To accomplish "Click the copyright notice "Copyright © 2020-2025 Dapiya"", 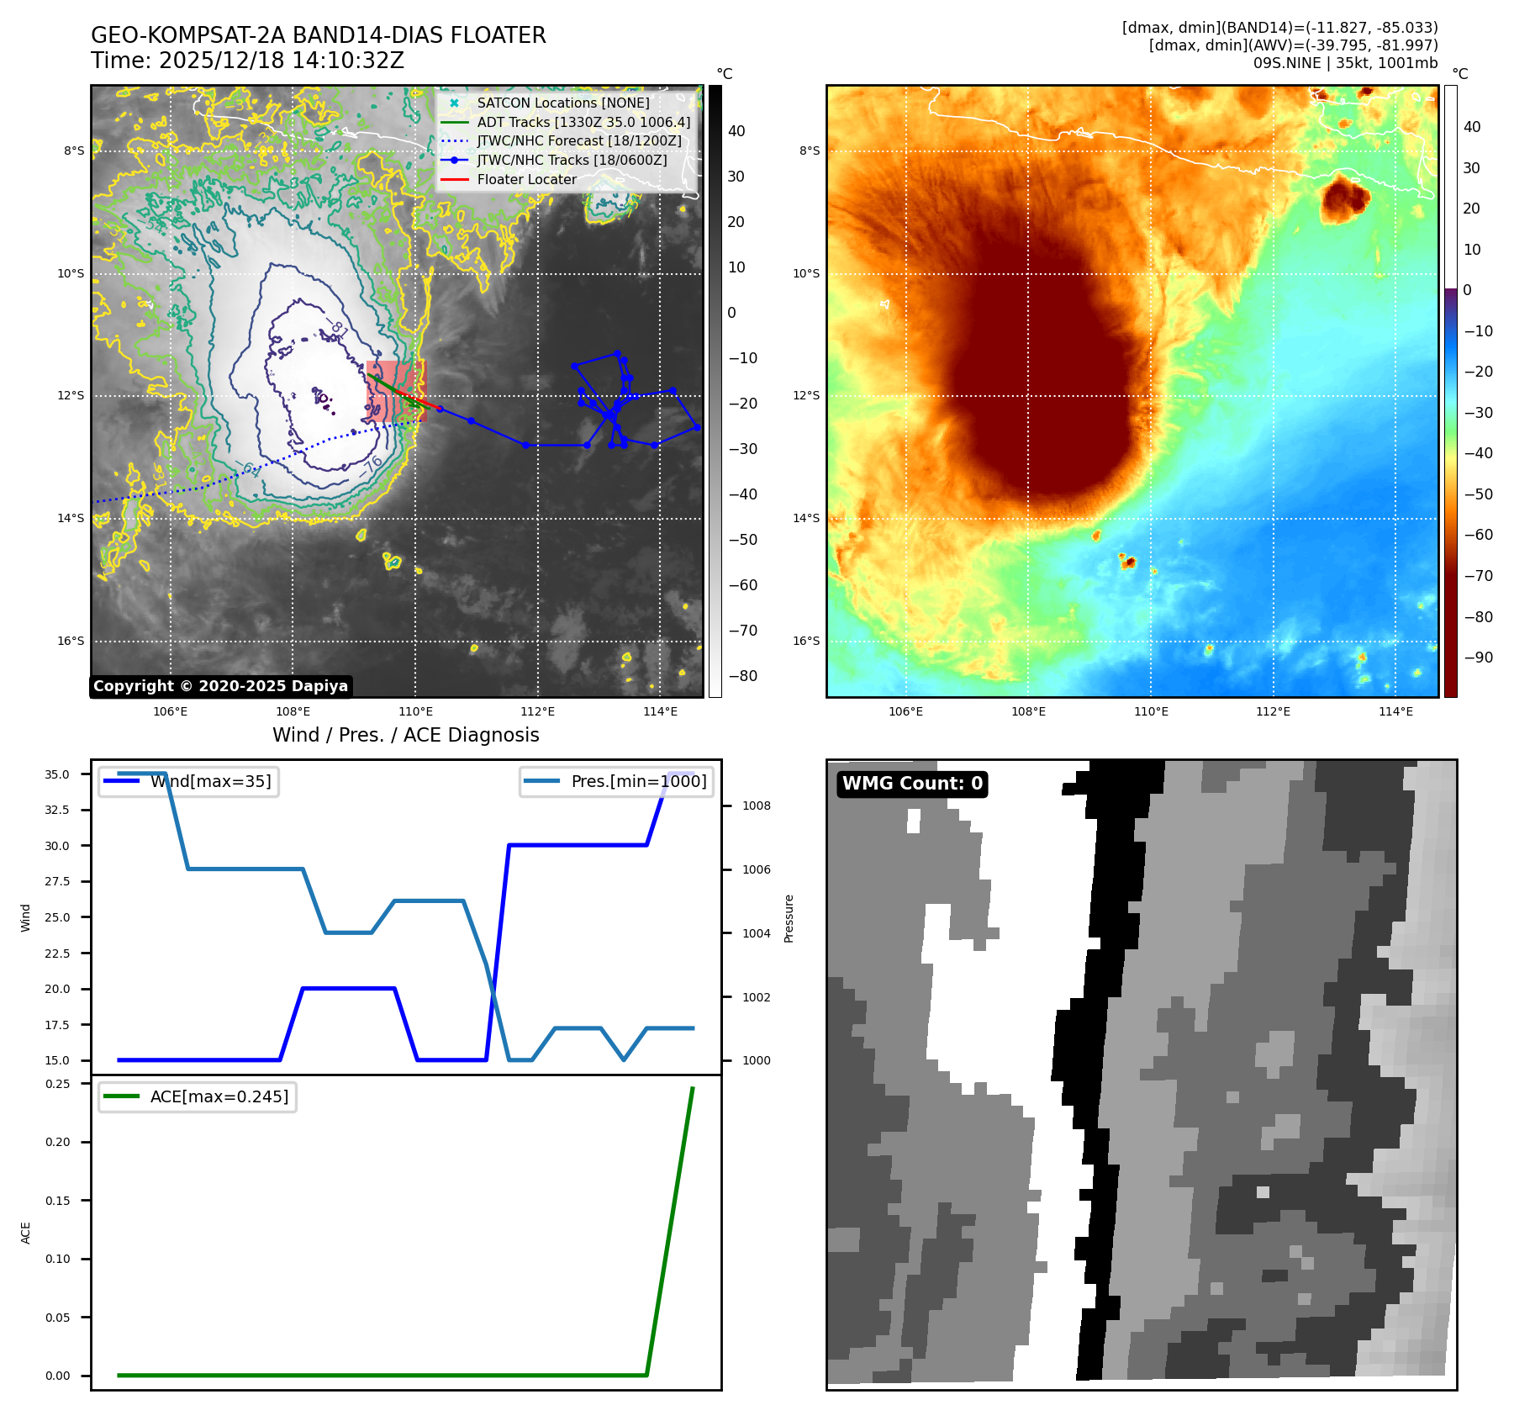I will (220, 686).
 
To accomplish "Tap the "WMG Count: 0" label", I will (912, 784).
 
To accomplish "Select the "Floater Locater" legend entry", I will (526, 180).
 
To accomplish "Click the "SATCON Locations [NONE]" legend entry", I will (562, 103).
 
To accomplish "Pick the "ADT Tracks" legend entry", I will (583, 122).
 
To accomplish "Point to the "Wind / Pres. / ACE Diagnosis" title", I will (405, 735).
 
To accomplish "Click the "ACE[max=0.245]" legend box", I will (219, 1096).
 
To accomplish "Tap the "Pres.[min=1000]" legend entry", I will (638, 781).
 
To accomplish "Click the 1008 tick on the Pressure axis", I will (756, 806).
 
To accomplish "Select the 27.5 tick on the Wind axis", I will (57, 881).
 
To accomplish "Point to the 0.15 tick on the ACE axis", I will (57, 1201).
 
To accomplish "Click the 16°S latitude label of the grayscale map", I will (71, 641).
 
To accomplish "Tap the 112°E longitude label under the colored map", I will (1273, 711).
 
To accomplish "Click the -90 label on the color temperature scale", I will (1478, 658).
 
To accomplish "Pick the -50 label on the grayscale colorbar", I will (741, 540).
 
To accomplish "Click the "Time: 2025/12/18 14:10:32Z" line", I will (247, 61).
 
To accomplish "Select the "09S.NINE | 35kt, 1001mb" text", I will (1345, 63).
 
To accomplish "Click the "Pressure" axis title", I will (789, 918).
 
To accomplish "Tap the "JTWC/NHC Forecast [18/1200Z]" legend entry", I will (578, 141).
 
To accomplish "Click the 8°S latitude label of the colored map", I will (809, 151).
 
